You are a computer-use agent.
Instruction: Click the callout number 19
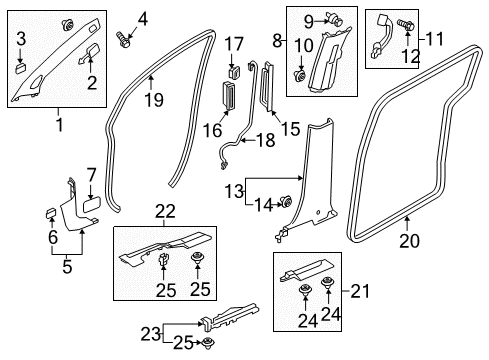154,100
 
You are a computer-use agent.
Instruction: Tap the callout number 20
409,241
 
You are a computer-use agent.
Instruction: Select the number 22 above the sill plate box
165,211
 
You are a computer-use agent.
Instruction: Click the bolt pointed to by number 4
123,40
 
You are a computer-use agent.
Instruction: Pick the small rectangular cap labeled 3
21,69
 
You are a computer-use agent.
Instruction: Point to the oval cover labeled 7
92,204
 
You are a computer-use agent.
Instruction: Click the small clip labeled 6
51,213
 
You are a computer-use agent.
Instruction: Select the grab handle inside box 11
379,37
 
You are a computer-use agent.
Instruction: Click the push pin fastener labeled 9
336,19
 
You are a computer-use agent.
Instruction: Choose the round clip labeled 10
299,76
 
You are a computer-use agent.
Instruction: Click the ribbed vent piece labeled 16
228,95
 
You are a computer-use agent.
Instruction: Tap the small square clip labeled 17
235,73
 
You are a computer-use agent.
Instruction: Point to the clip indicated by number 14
286,201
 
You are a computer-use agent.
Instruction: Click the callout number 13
234,191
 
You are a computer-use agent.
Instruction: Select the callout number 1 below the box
60,125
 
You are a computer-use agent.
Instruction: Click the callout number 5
67,267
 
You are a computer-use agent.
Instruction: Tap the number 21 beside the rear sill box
360,291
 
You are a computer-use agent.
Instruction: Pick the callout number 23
151,334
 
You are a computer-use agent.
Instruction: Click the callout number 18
266,140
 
